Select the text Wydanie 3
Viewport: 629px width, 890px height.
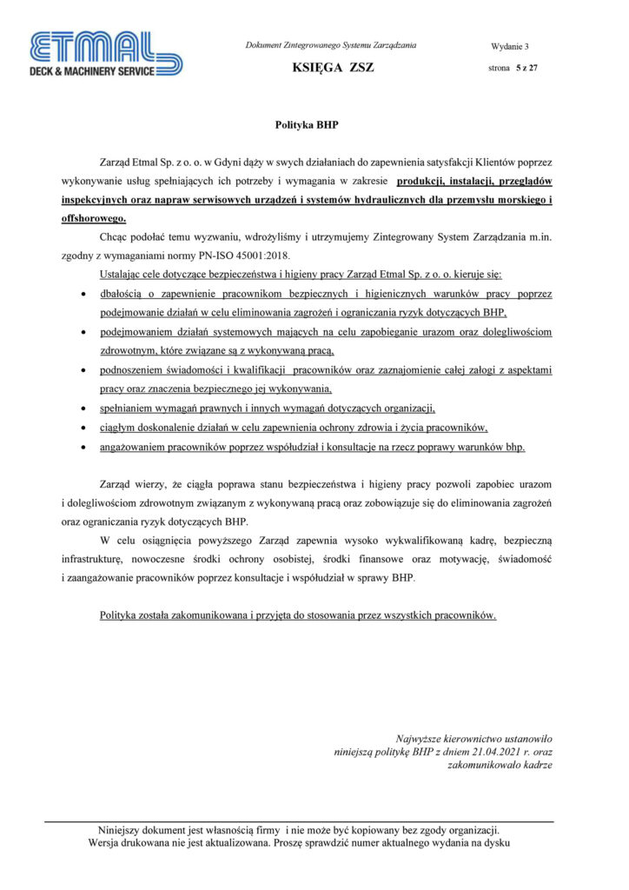tap(509, 46)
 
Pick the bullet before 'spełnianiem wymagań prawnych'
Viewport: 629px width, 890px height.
tap(83, 408)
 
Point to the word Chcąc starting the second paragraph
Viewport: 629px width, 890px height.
tap(116, 236)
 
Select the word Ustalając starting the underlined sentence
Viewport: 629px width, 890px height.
tap(125, 275)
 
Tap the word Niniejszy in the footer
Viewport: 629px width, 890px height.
tap(124, 829)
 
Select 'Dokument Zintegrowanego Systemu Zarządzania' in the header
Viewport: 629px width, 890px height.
tap(331, 45)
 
